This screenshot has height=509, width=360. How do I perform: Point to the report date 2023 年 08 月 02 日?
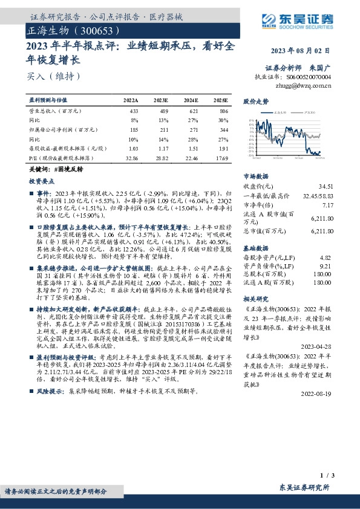(x=309, y=51)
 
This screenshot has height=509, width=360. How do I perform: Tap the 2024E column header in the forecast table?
(x=191, y=100)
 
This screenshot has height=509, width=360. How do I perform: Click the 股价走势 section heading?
(x=255, y=102)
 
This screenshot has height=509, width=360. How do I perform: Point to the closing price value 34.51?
(x=326, y=187)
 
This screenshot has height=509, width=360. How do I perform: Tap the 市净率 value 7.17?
(x=327, y=205)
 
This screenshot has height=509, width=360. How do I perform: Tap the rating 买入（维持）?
(x=53, y=76)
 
